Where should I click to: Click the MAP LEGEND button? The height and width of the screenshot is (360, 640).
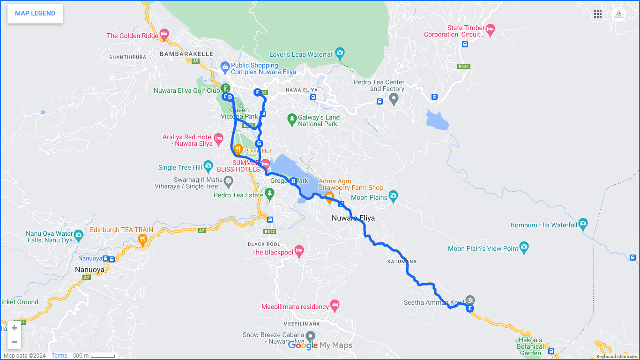[x=35, y=14]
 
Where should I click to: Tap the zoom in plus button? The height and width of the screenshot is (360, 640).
[x=14, y=328]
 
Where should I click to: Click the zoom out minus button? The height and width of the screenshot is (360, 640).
[x=14, y=342]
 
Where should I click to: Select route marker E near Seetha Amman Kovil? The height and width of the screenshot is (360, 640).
[x=469, y=308]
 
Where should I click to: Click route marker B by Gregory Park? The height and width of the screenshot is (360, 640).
[x=293, y=181]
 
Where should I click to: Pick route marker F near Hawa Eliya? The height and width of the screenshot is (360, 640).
[x=257, y=92]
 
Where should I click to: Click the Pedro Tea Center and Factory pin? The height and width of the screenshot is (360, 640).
[x=394, y=98]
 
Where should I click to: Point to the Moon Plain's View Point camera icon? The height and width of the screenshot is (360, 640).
[x=524, y=247]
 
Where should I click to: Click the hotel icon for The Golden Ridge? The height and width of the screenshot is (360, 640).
[x=164, y=34]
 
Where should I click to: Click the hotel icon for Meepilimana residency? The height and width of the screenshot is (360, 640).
[x=335, y=305]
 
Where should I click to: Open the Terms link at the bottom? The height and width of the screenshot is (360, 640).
[x=59, y=356]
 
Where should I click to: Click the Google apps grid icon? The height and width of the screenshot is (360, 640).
[x=598, y=14]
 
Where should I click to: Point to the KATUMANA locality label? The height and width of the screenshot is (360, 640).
[x=402, y=261]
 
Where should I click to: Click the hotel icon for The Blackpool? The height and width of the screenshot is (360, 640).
[x=299, y=250]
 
